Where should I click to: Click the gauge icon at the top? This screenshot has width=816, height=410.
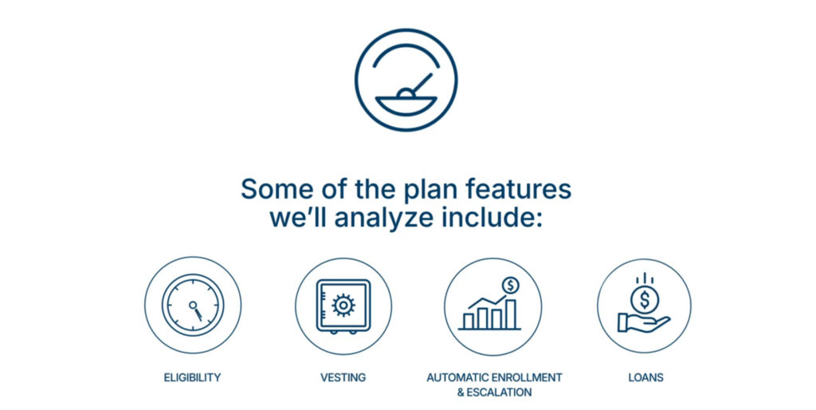coord(406,80)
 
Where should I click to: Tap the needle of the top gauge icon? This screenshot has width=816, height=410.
coord(422,83)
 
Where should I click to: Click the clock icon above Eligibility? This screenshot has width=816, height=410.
coord(193,306)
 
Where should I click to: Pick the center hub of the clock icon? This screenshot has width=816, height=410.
coord(193,305)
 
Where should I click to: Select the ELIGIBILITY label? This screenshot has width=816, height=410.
coord(193,377)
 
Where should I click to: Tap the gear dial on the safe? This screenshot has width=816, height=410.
coord(343,306)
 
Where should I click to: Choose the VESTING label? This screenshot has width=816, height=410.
coord(343,377)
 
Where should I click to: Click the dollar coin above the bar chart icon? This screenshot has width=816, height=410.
coord(511,285)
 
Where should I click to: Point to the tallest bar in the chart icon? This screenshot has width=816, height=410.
coord(511,314)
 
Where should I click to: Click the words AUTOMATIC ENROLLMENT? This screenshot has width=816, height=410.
coord(494,377)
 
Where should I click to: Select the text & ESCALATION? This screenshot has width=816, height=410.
coord(494,392)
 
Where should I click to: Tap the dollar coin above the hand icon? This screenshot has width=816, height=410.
coord(645,300)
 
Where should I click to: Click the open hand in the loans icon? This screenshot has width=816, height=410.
coord(643,323)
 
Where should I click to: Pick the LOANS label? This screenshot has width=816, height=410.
coord(645,377)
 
